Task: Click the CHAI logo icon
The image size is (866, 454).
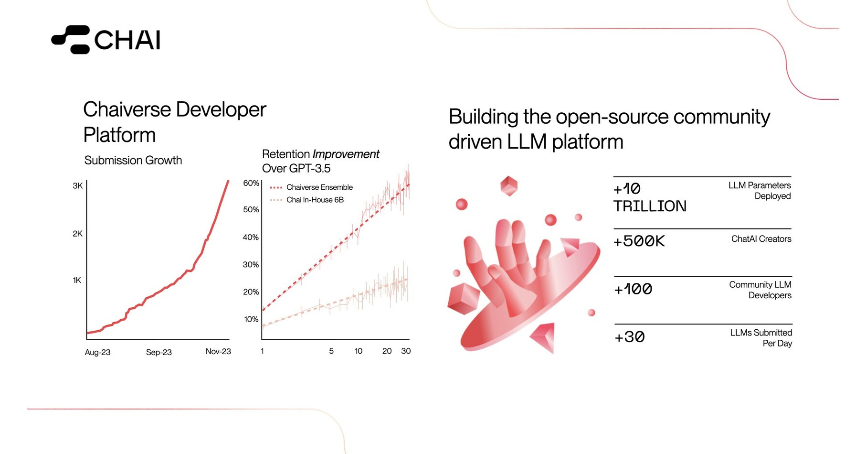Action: (71, 40)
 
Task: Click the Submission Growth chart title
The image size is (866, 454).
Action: (133, 160)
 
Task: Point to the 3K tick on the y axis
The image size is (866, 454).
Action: (78, 186)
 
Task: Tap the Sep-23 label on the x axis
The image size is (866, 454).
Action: (159, 352)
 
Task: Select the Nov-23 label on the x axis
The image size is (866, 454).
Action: (218, 351)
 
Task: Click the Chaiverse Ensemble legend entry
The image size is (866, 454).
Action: (311, 187)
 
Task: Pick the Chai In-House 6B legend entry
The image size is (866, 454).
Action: (307, 200)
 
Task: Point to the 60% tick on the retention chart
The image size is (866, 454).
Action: (251, 183)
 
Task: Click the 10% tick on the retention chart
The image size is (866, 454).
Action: (251, 319)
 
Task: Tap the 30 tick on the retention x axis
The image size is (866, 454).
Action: (406, 351)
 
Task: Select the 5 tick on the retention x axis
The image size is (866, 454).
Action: (331, 351)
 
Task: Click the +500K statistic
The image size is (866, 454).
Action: (639, 241)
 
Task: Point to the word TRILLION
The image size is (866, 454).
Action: (650, 206)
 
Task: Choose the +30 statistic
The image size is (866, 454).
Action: (630, 337)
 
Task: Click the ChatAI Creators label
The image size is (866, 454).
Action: (761, 239)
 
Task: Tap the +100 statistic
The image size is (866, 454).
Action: (633, 289)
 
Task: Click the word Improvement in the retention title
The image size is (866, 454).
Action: (346, 154)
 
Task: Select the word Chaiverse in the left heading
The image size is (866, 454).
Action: (127, 109)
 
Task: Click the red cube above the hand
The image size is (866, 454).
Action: (509, 186)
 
